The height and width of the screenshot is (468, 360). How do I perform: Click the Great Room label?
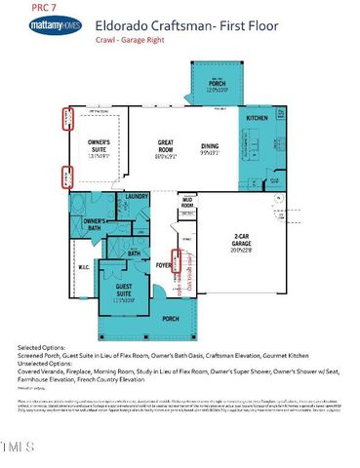coord(166,147)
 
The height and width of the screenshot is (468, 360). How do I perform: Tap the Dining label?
coord(210,147)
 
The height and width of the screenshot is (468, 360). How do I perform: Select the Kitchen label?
coord(257,116)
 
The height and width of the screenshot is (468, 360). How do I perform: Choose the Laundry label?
coord(136,197)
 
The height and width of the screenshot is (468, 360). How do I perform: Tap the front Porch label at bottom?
coord(171,319)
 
